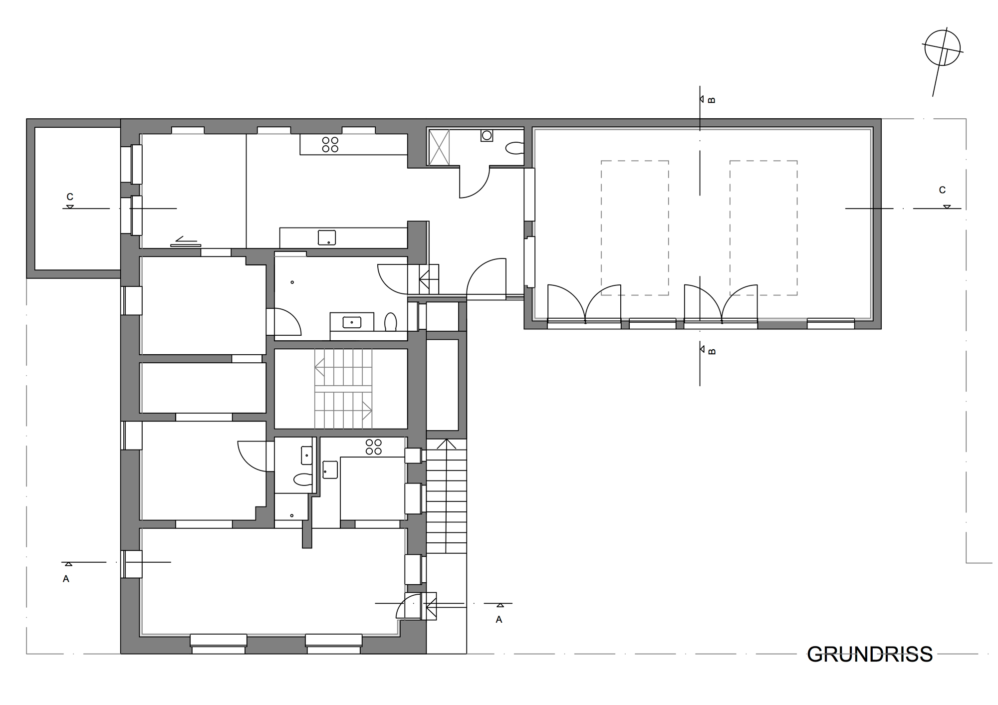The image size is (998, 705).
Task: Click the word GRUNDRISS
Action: coord(869,654)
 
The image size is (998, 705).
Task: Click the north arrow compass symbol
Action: coord(942,48)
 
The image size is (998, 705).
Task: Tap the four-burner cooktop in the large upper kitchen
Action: coord(330,144)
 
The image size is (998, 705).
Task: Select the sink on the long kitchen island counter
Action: coord(327,237)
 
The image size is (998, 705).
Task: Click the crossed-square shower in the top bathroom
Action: coord(439,147)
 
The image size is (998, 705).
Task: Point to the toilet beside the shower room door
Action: coord(514,148)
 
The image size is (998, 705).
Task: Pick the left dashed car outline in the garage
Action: coord(635,228)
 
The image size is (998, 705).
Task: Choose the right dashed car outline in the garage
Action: coord(763,228)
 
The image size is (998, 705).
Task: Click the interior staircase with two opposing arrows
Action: coord(343,389)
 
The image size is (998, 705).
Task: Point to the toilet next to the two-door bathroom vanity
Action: coord(391,322)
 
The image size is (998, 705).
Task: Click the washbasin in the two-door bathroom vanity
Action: coord(352,322)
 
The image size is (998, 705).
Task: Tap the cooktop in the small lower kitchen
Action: coord(373,447)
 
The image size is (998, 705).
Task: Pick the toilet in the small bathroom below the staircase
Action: coord(302,479)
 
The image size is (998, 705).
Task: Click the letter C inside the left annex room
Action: coord(70,197)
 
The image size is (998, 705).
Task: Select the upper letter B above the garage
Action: coord(712,100)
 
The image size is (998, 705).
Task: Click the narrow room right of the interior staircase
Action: coord(442,385)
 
